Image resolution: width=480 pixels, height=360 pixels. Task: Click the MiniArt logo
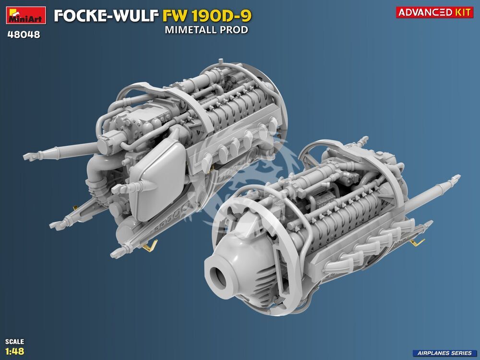[x=26, y=15]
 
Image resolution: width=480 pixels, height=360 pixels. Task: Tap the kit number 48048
[x=24, y=35]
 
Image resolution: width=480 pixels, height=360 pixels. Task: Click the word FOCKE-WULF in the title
[x=107, y=16]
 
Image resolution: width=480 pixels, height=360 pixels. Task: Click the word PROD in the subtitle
[x=235, y=30]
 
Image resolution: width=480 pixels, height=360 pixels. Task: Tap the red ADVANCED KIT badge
[x=435, y=12]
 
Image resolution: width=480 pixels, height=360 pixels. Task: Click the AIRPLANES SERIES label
[x=444, y=353]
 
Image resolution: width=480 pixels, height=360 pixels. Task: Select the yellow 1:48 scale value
[x=14, y=351]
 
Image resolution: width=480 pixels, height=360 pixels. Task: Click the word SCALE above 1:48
[x=14, y=341]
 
